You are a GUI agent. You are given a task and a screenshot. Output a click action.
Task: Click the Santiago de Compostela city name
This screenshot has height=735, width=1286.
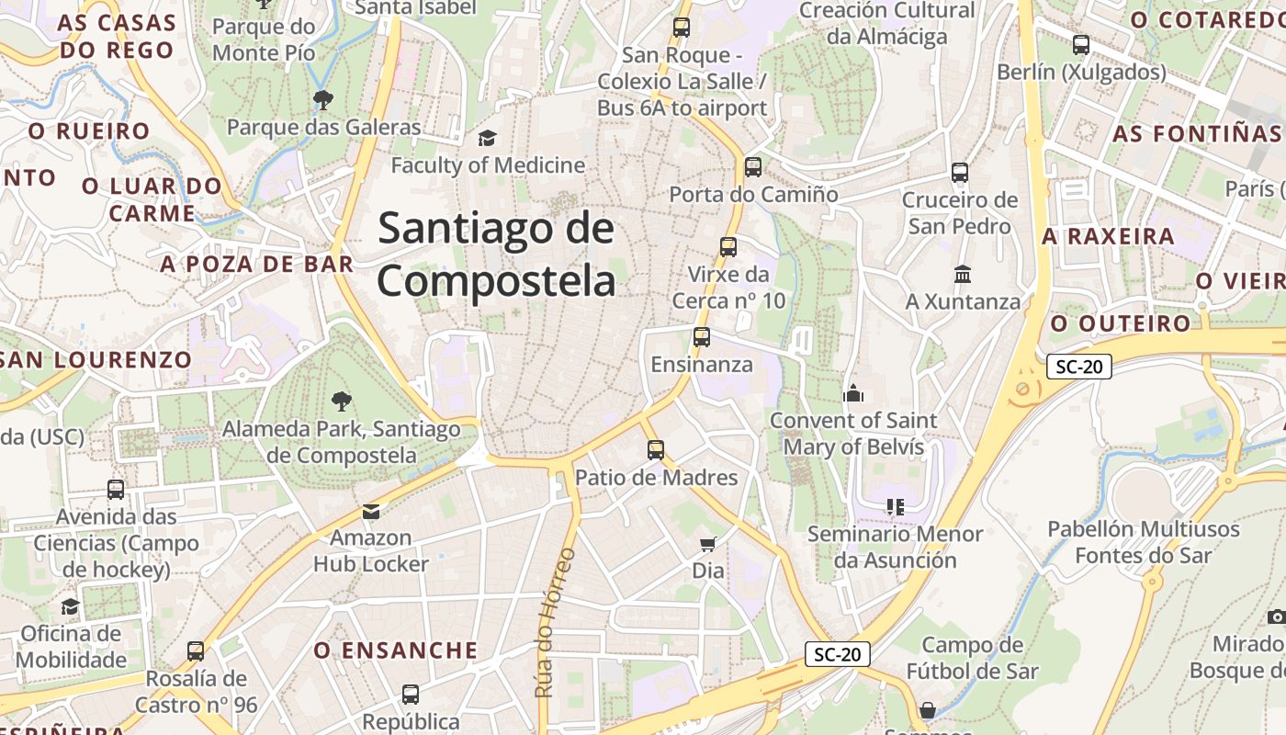pyautogui.click(x=496, y=254)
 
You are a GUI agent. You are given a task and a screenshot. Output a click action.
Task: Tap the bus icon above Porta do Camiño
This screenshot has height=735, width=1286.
pyautogui.click(x=753, y=167)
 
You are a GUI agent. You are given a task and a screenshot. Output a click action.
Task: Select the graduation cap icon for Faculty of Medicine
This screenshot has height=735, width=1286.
pyautogui.click(x=487, y=139)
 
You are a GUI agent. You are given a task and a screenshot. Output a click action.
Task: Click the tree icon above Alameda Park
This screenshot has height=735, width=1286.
pyautogui.click(x=341, y=401)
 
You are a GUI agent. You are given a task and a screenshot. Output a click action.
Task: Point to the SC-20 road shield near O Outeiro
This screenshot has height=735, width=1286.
pyautogui.click(x=1078, y=367)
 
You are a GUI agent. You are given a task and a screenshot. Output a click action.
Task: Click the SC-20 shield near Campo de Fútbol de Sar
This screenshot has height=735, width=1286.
pyautogui.click(x=837, y=654)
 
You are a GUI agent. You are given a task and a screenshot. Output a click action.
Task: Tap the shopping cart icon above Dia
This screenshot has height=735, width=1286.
pyautogui.click(x=707, y=545)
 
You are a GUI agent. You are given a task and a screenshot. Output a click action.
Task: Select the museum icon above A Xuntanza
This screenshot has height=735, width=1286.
pyautogui.click(x=963, y=275)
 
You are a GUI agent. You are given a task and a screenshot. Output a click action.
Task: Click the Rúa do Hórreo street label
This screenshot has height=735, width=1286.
pyautogui.click(x=555, y=622)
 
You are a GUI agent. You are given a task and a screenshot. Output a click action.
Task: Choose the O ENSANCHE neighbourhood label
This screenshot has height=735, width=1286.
pyautogui.click(x=396, y=650)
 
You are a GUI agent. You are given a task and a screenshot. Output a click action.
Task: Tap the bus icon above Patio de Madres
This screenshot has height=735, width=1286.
pyautogui.click(x=656, y=450)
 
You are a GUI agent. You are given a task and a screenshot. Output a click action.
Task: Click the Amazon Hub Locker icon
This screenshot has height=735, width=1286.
pyautogui.click(x=371, y=512)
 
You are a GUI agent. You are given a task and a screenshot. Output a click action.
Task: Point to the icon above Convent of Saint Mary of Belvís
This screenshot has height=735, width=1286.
pyautogui.click(x=854, y=394)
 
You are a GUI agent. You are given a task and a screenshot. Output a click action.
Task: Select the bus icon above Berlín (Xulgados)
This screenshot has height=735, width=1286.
pyautogui.click(x=1081, y=45)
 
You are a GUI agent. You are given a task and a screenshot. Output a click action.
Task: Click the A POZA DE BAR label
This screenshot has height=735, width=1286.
pyautogui.click(x=257, y=265)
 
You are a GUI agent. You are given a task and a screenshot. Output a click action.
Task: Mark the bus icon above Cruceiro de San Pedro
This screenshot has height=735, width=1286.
pyautogui.click(x=960, y=173)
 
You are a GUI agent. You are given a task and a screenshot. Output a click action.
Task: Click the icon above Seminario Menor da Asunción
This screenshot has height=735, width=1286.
pyautogui.click(x=896, y=507)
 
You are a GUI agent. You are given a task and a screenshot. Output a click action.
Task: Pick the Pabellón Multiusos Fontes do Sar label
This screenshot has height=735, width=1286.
pyautogui.click(x=1144, y=542)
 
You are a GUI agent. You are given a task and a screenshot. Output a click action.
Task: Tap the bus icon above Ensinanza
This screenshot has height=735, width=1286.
pyautogui.click(x=702, y=337)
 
